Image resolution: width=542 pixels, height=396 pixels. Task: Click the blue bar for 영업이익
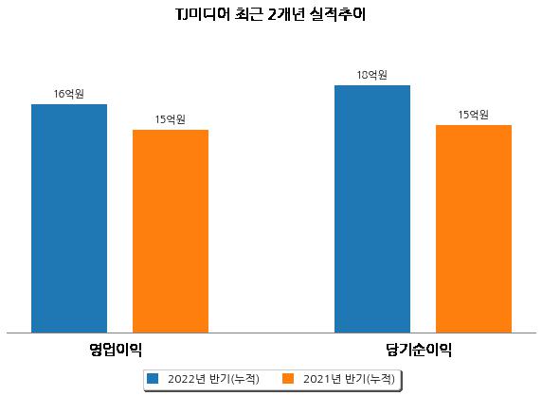[x=69, y=219]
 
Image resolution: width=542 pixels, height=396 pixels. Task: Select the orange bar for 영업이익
[x=171, y=231]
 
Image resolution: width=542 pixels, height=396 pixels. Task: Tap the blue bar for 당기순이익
[x=372, y=209]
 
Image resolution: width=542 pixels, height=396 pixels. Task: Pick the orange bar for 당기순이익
[x=474, y=228]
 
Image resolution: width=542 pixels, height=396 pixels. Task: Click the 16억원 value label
[x=69, y=94]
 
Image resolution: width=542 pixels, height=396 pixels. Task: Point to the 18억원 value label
[x=372, y=75]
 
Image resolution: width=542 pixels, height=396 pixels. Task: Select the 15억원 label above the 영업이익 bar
[x=170, y=119]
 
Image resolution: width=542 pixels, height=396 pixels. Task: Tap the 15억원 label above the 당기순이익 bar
[x=473, y=115]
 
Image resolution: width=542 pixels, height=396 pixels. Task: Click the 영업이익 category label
[x=116, y=350]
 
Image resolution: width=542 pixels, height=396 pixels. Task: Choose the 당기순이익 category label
[x=419, y=350]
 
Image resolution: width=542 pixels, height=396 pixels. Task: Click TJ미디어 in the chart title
[x=203, y=15]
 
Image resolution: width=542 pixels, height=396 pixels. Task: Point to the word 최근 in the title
[x=248, y=15]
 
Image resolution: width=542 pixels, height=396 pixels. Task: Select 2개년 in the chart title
[x=285, y=15]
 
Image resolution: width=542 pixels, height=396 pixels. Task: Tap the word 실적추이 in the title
[x=337, y=15]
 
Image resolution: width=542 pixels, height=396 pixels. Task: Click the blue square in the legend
[x=153, y=378]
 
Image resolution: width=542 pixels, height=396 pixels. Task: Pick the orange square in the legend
[x=288, y=378]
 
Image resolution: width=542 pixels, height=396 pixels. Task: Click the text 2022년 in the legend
[x=187, y=379]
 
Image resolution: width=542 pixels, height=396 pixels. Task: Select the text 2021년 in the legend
[x=322, y=379]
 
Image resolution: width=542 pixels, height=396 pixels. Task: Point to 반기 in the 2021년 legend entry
[x=355, y=379]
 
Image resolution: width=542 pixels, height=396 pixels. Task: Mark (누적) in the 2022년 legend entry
[x=244, y=379]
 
